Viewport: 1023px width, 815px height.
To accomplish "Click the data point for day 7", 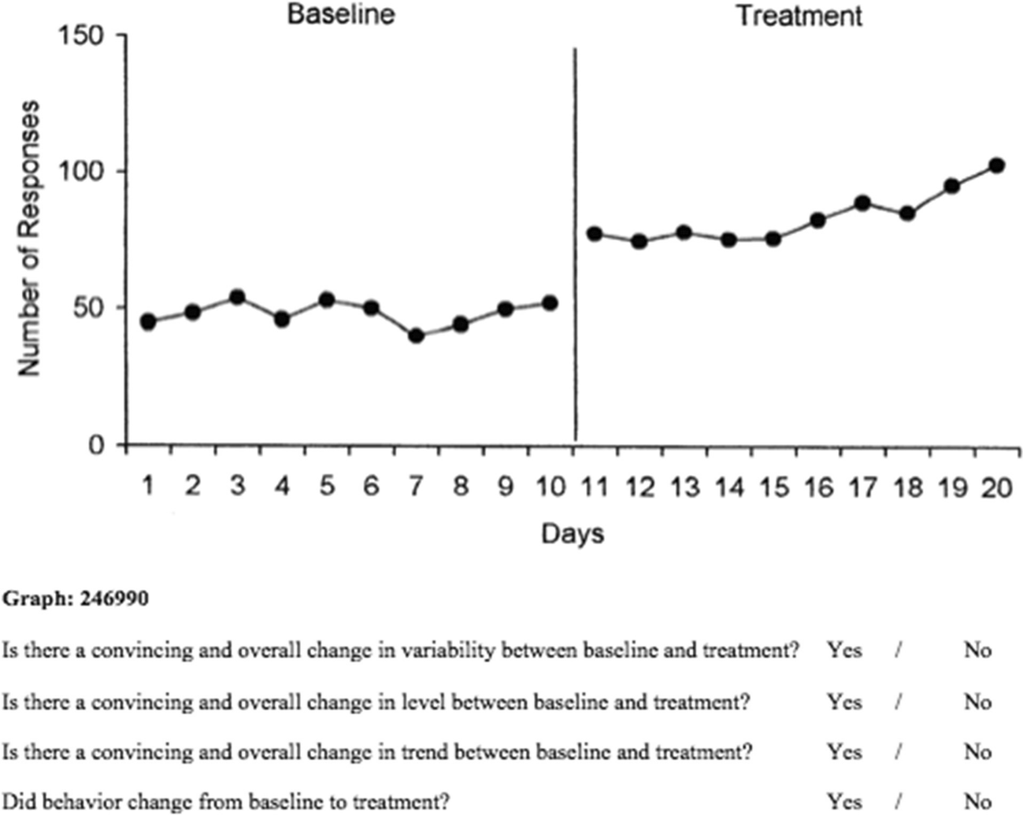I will coord(417,335).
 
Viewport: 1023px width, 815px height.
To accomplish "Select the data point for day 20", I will coord(996,165).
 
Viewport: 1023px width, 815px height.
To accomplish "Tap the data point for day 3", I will coord(237,297).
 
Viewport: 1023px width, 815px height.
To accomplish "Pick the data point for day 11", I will coord(595,234).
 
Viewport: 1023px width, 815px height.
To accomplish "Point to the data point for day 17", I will coord(862,203).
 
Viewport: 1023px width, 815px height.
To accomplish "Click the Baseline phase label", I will coord(340,14).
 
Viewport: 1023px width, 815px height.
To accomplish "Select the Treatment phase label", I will coord(799,16).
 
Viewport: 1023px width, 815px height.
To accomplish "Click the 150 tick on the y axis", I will coord(82,35).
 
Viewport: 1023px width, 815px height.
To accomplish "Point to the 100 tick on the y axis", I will coord(82,172).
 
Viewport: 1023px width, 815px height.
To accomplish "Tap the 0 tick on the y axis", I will coord(95,445).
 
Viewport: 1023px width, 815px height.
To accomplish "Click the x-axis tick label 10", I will coord(550,487).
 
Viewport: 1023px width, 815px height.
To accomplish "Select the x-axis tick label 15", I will coord(773,487).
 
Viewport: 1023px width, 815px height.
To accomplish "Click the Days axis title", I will coord(573,534).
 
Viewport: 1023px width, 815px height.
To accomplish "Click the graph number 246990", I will coord(113,599).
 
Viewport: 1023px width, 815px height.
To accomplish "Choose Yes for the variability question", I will coord(844,650).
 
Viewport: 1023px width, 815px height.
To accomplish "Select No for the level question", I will coord(977,702).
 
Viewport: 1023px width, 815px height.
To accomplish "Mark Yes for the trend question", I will coord(844,752).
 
